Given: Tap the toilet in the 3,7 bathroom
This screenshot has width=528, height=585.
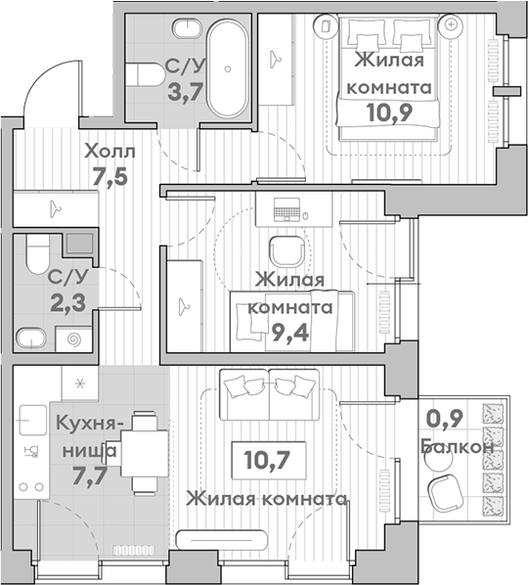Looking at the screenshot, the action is click(145, 74).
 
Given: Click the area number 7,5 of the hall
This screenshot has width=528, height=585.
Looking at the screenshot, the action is click(110, 176).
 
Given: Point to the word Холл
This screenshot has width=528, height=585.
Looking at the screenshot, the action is click(110, 152).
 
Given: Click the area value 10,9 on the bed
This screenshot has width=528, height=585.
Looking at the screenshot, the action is click(389, 112).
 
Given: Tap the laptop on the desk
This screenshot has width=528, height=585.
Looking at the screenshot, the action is click(286, 209).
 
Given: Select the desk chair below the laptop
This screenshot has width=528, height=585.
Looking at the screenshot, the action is click(289, 251).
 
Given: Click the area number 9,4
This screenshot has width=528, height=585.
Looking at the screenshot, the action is click(290, 333).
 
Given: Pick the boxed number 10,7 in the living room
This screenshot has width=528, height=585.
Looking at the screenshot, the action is click(269, 460).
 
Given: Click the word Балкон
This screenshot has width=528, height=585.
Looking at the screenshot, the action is click(458, 446).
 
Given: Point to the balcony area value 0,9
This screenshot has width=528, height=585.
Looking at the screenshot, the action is click(445, 419).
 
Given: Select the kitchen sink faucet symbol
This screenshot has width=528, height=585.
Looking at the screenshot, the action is click(31, 451).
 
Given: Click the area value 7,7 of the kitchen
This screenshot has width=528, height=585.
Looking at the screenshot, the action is click(90, 475).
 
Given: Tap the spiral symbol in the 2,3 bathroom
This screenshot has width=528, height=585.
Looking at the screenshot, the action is click(74, 339).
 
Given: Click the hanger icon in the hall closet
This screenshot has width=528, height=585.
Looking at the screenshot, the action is click(55, 208).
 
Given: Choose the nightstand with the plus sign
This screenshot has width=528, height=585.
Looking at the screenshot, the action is click(451, 25).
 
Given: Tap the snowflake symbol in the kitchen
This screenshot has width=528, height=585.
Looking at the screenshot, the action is click(79, 383).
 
